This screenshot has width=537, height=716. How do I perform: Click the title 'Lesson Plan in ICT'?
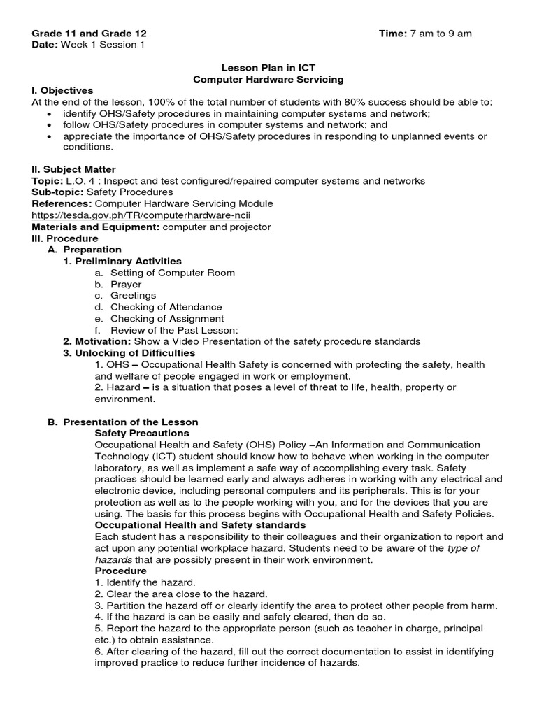pos(268,68)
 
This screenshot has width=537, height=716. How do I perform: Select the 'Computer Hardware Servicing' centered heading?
pos(268,80)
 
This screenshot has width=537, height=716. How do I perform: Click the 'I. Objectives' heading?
pos(63,91)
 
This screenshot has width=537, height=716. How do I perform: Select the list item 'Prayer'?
pos(126,285)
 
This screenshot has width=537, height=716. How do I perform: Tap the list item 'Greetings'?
pos(133,296)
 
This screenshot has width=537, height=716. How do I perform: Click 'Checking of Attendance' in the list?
pos(166,307)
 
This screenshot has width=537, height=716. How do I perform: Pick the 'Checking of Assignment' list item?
pos(167,319)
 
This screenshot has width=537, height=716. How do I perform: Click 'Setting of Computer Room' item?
pos(172,273)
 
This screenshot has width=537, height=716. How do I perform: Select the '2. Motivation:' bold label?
pos(96,341)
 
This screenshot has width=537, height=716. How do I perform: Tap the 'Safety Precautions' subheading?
pos(142,434)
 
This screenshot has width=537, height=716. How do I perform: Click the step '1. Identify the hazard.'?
pos(145,582)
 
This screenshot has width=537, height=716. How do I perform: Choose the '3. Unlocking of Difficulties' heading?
pos(129,353)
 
